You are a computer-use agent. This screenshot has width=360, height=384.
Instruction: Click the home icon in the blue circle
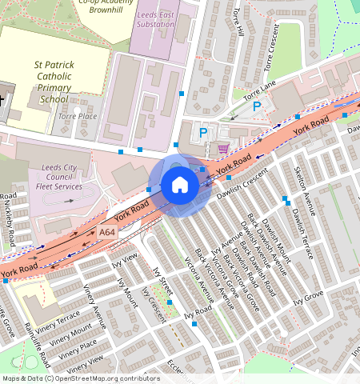tap(180, 185)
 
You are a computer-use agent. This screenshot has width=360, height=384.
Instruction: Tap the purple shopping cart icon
tap(222, 148)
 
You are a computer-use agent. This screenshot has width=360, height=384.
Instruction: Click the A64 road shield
tap(107, 232)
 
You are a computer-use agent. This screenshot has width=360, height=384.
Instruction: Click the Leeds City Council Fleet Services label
tap(59, 177)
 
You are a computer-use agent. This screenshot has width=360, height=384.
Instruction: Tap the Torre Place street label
tap(77, 116)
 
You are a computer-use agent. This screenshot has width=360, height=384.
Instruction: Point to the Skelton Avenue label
tap(301, 189)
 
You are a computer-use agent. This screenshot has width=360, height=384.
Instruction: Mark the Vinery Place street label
tap(78, 346)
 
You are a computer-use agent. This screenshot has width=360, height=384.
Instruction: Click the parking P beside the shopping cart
tap(203, 133)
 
